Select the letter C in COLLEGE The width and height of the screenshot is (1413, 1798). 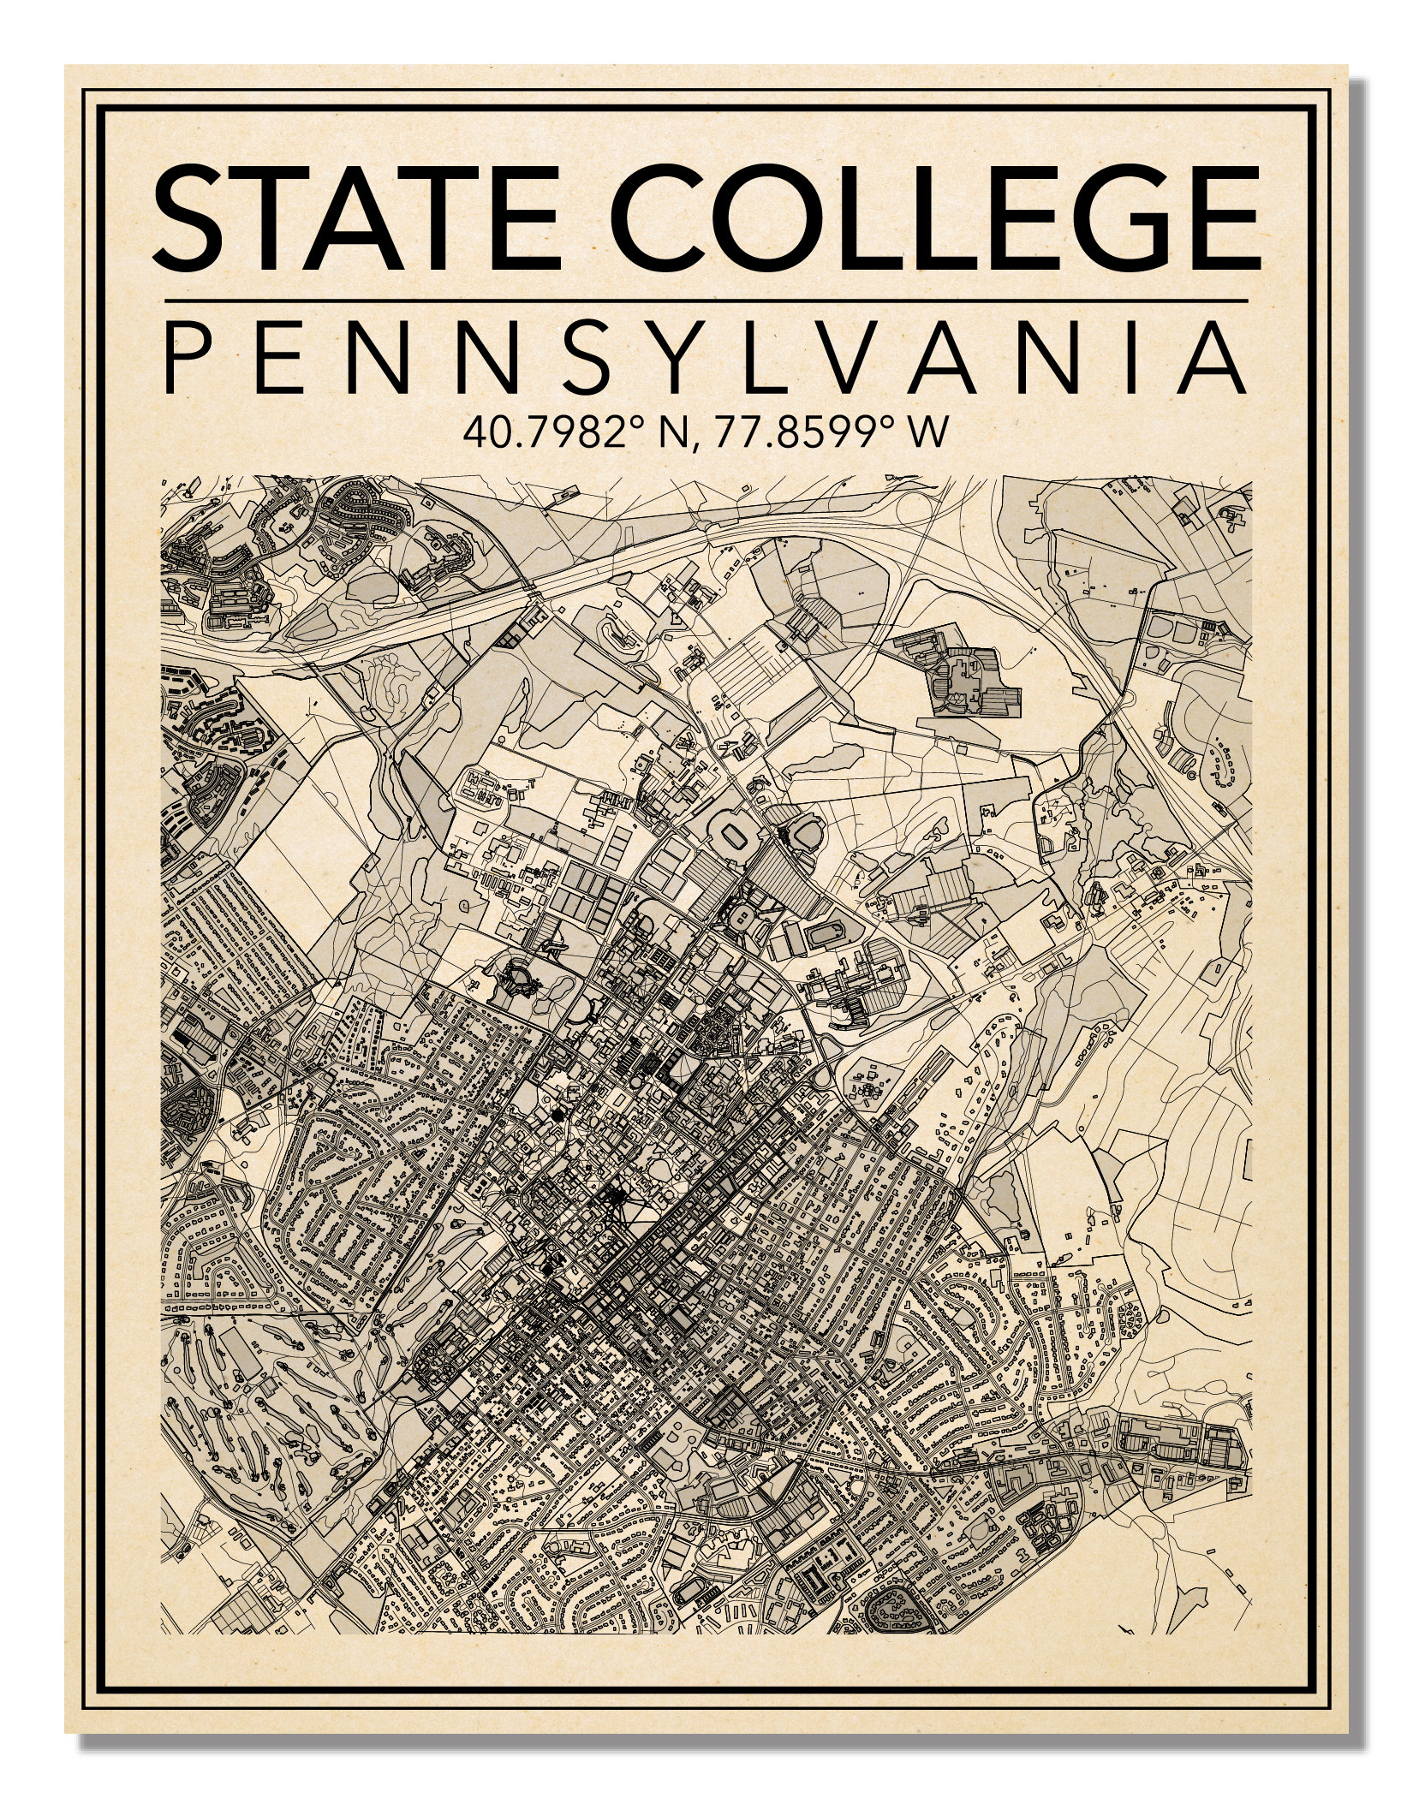tap(659, 219)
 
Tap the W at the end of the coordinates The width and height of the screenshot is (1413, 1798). tap(929, 432)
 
